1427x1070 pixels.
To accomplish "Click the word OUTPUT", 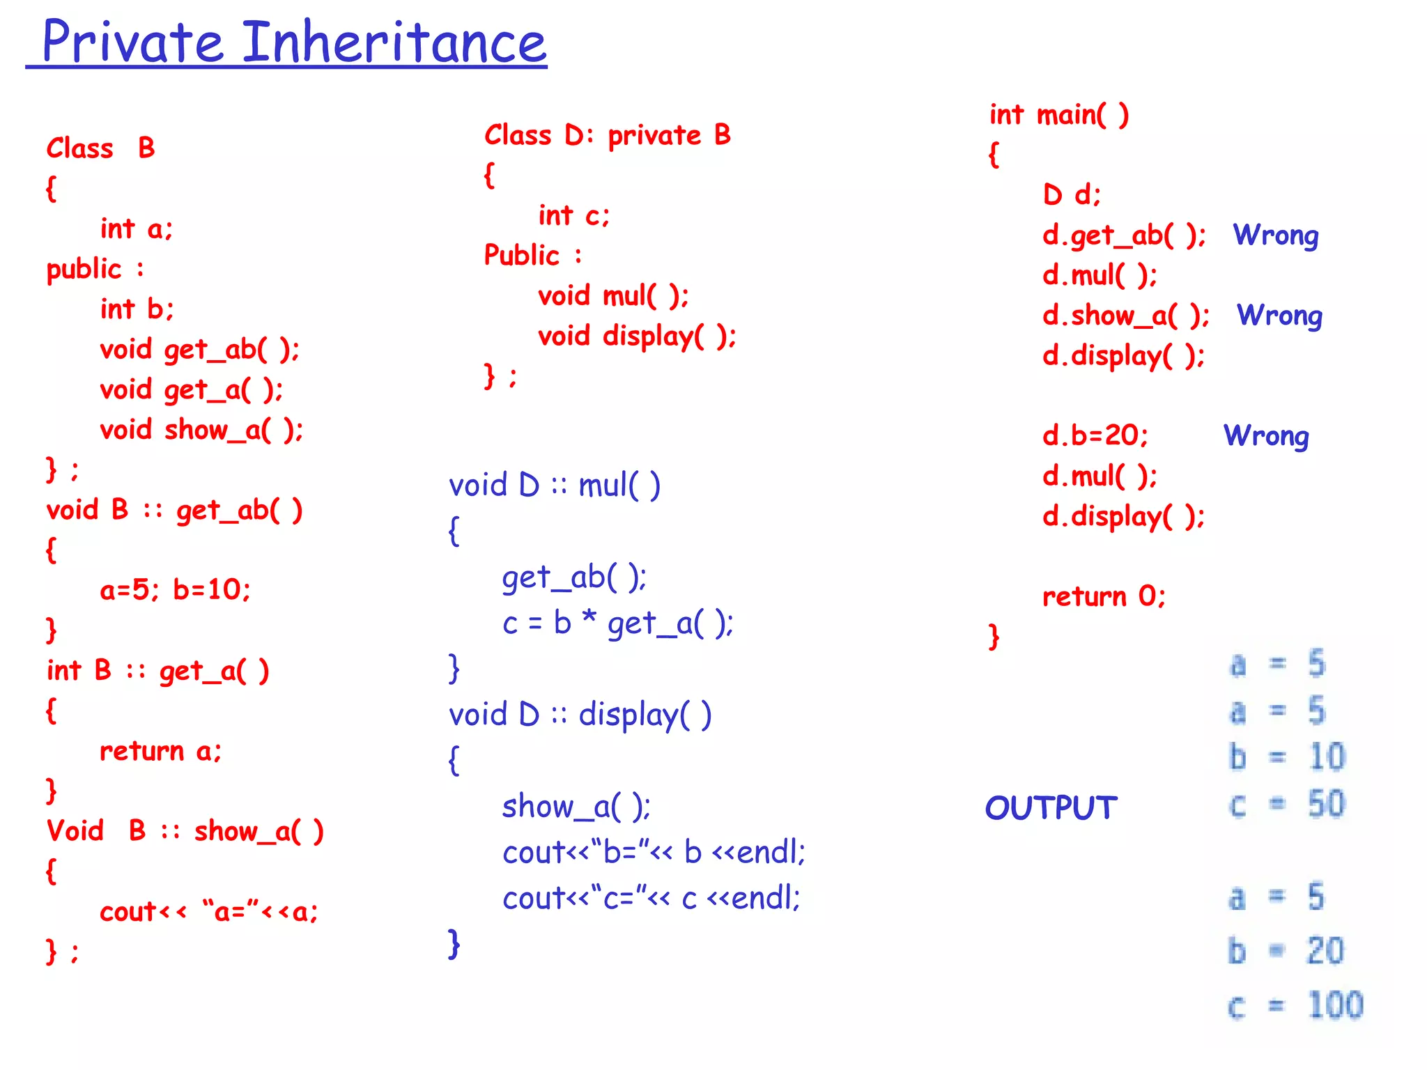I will coord(1051,808).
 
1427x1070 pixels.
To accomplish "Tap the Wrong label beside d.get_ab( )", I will coord(1275,235).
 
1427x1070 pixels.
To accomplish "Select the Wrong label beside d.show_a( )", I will coord(1279,316).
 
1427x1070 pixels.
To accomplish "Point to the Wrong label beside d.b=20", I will coord(1266,436).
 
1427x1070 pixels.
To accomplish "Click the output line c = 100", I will coord(1295,1005).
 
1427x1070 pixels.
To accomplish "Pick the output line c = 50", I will coord(1286,805).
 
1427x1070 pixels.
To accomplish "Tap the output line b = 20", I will coord(1286,951).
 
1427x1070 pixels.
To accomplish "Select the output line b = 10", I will coord(1286,757).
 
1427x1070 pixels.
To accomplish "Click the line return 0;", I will coord(1103,596).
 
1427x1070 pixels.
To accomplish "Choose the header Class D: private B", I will coord(607,135).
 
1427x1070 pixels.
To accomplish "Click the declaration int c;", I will coord(573,216).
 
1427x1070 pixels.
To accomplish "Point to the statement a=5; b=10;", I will coord(175,590).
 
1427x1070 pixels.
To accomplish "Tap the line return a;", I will coord(160,751).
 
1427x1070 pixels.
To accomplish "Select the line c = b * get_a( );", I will coord(617,623).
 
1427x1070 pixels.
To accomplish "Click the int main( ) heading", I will coord(1058,115).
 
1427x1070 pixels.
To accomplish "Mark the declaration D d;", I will coord(1071,195).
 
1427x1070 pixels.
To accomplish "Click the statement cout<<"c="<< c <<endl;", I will coord(651,898).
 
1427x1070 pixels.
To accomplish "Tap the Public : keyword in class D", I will coord(532,256).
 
